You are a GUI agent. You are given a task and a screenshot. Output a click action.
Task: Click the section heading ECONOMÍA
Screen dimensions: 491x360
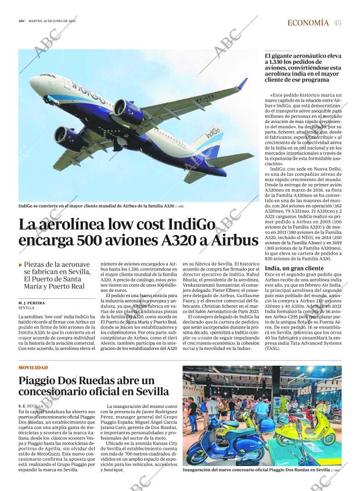pyautogui.click(x=308, y=23)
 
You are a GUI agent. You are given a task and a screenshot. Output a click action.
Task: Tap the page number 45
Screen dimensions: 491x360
pyautogui.click(x=337, y=23)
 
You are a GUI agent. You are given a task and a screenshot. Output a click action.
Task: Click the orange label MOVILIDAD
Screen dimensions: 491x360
pyautogui.click(x=33, y=367)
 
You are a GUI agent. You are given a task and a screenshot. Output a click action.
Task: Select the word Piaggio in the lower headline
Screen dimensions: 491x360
pyautogui.click(x=45, y=381)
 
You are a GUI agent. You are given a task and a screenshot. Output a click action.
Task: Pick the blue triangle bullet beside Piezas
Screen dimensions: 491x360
pyautogui.click(x=21, y=265)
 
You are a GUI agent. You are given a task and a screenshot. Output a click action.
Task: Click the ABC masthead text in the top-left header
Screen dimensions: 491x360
pyautogui.click(x=21, y=21)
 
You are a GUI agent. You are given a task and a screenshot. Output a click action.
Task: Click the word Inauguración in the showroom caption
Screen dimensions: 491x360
pyautogui.click(x=200, y=470)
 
